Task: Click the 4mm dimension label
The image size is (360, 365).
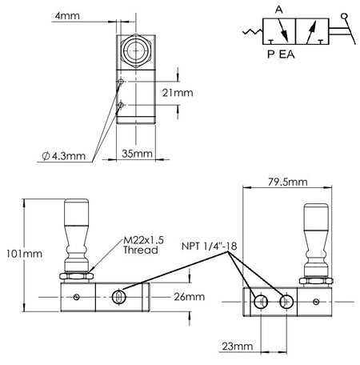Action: [x=67, y=16]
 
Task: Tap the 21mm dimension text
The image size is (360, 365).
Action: [x=178, y=93]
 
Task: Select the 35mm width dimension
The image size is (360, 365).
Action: [x=137, y=154]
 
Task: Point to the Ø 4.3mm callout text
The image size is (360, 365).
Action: [x=64, y=156]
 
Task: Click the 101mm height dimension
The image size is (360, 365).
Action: [x=24, y=254]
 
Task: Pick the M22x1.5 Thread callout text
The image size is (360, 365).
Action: [x=143, y=245]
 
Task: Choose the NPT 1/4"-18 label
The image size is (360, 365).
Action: [x=210, y=246]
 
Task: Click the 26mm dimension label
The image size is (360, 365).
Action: [x=190, y=297]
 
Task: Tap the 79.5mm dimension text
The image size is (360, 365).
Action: [x=288, y=182]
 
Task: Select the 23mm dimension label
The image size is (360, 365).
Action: [x=238, y=347]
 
